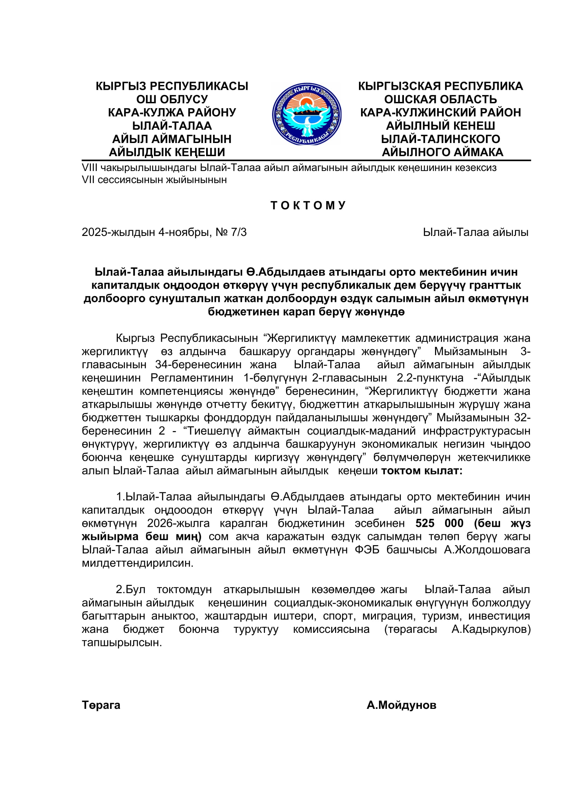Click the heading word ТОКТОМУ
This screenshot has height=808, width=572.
click(308, 206)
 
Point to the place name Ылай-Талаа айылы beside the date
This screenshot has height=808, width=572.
click(476, 232)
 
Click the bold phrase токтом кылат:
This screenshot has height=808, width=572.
click(422, 470)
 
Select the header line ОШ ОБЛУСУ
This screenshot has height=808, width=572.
click(172, 99)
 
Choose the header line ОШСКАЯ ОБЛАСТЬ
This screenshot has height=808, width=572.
click(440, 99)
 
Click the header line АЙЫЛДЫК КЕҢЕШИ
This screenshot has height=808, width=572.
click(167, 152)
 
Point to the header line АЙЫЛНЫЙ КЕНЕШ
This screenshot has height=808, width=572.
click(440, 126)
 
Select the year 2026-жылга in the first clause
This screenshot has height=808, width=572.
click(178, 523)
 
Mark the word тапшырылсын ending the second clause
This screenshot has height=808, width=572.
click(122, 643)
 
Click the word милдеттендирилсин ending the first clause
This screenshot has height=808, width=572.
click(138, 563)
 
